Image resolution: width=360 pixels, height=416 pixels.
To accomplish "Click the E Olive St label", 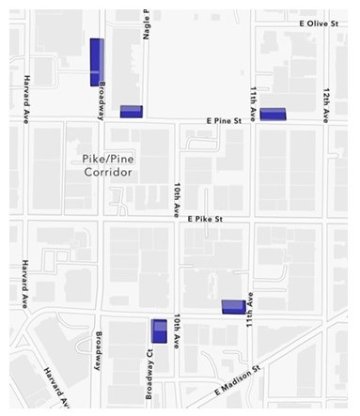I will [319, 22].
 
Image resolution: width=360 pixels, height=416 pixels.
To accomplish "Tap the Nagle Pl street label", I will [147, 21].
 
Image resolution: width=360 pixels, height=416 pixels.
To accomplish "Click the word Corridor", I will [105, 173].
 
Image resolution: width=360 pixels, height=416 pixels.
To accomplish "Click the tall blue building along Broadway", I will [96, 62].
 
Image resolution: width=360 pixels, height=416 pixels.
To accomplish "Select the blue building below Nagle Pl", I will [131, 112].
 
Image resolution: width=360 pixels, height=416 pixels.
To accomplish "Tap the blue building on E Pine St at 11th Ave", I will [273, 115].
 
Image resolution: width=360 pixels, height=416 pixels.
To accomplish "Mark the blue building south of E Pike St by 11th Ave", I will [233, 306].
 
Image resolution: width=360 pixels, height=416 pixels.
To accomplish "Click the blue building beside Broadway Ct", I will [160, 331].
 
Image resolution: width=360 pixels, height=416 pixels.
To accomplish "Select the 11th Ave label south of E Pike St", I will [250, 313].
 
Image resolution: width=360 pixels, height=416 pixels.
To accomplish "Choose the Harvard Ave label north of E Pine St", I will [27, 97].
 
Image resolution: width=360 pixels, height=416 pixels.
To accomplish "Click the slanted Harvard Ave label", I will [56, 388].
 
